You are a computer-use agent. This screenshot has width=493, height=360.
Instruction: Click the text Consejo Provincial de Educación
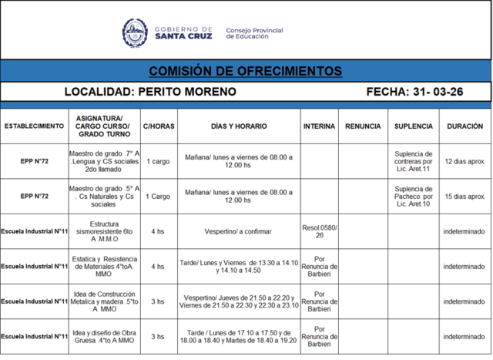[254, 33]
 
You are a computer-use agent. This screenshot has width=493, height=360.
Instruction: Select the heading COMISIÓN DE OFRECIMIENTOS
[246, 71]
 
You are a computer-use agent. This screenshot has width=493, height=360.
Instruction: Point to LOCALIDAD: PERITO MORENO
[150, 92]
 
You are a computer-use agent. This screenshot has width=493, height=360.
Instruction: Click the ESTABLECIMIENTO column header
[35, 125]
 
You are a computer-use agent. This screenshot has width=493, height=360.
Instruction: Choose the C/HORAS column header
[158, 125]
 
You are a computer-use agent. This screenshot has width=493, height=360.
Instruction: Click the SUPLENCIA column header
[413, 125]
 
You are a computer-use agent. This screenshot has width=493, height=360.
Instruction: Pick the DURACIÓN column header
[465, 125]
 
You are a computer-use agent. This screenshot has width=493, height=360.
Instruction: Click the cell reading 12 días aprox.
[465, 161]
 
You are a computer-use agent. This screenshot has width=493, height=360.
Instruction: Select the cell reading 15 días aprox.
[465, 196]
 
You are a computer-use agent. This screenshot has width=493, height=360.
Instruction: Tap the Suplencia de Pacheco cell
[413, 196]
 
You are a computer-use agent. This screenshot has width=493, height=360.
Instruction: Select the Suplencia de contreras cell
[413, 161]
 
